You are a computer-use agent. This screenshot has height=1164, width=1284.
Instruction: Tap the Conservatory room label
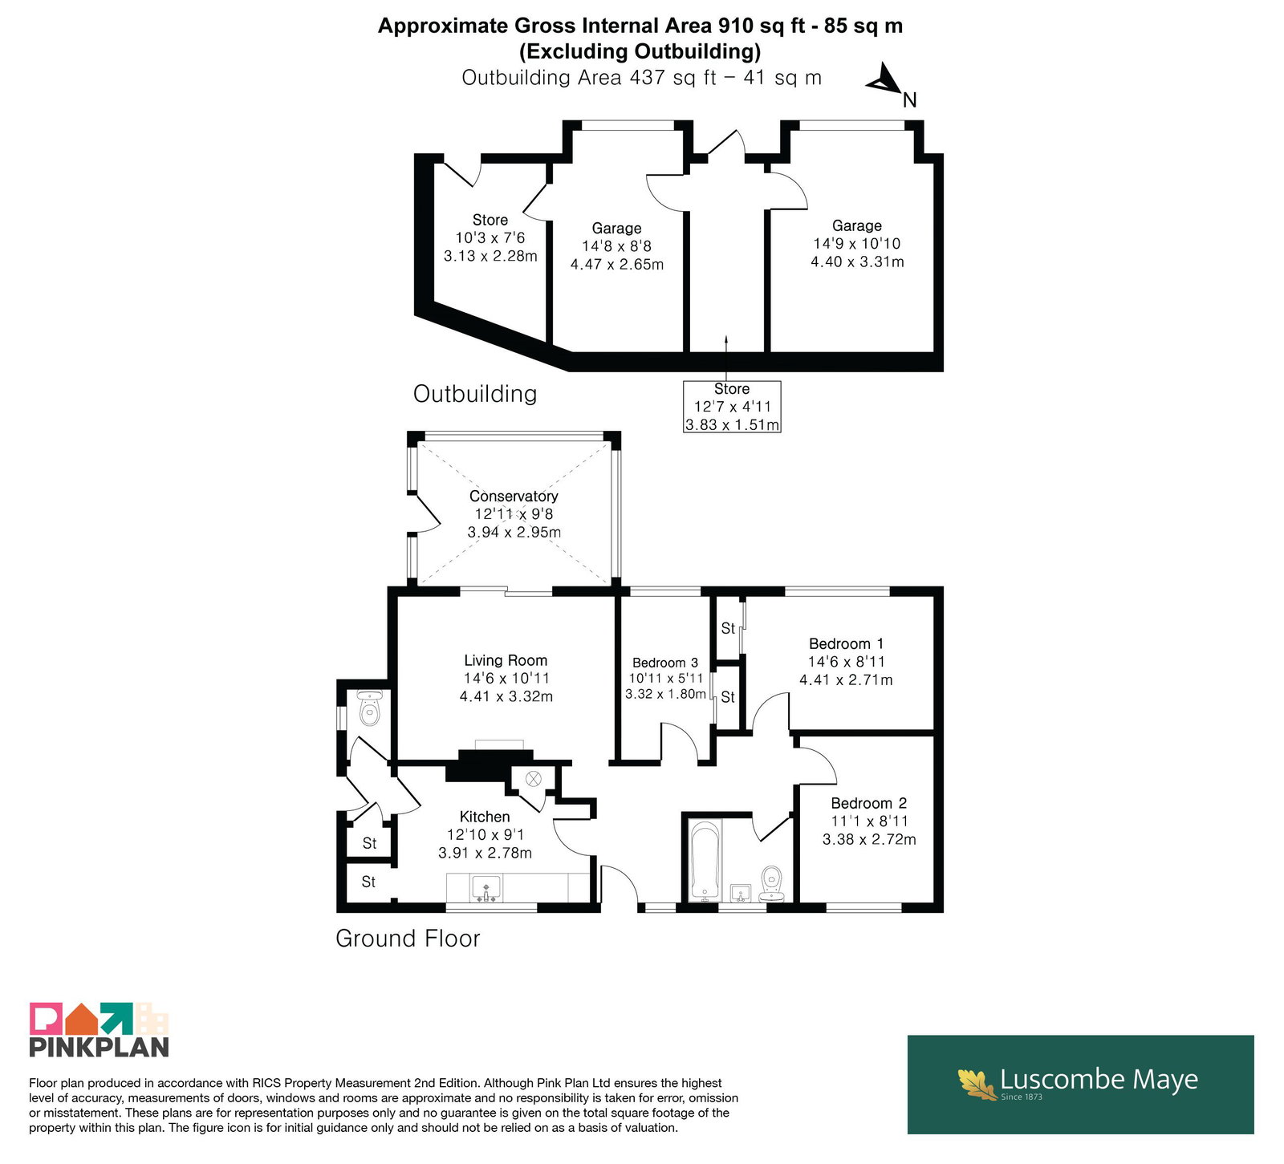point(514,496)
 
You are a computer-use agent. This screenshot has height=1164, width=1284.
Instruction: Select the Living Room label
point(506,660)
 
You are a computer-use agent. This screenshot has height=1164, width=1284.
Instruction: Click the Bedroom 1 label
point(846,643)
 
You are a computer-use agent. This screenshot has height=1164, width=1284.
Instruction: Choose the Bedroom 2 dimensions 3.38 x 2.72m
point(869,839)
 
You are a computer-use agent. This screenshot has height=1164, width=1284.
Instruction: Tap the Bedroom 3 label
point(665,663)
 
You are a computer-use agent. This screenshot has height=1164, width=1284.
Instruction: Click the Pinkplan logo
point(100,1029)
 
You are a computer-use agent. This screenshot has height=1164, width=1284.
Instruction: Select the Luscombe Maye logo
point(1080,1084)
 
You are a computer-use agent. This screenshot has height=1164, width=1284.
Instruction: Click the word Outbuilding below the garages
point(475,393)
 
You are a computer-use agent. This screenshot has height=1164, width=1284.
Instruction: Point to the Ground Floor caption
point(408,938)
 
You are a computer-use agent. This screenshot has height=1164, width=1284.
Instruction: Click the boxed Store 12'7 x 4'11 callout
point(732,406)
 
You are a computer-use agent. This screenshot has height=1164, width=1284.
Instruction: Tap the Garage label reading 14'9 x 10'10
point(857,243)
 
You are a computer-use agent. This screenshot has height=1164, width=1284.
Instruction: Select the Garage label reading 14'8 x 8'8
point(617,245)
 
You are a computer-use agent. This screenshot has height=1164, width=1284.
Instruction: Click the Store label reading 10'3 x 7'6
point(490,237)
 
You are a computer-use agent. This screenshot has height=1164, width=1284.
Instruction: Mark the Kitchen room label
point(485,817)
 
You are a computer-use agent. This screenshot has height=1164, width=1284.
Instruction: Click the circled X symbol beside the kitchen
point(534,778)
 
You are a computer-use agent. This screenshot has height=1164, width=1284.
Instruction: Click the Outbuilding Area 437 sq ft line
point(642,78)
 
